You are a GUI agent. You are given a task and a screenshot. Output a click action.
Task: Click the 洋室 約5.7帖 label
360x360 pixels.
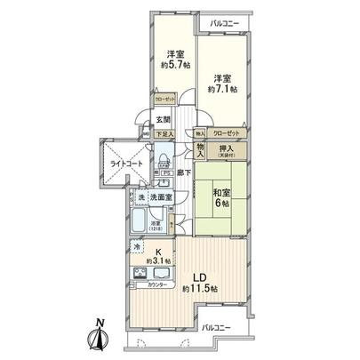click(168, 58)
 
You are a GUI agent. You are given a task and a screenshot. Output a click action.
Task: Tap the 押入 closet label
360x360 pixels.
click(227, 151)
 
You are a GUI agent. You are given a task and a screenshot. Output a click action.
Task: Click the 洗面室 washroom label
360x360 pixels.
click(160, 197)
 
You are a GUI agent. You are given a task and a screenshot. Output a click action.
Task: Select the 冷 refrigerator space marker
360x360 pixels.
click(138, 244)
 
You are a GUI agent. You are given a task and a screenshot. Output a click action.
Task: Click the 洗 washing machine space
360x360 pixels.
click(140, 197)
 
